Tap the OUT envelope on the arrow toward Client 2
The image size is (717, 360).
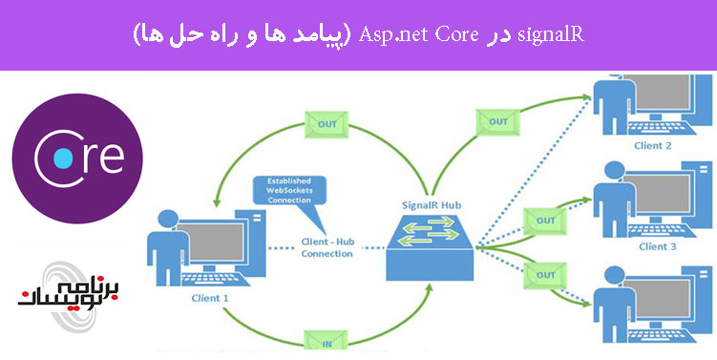tap(497, 121)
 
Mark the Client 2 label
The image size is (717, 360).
tap(653, 146)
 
